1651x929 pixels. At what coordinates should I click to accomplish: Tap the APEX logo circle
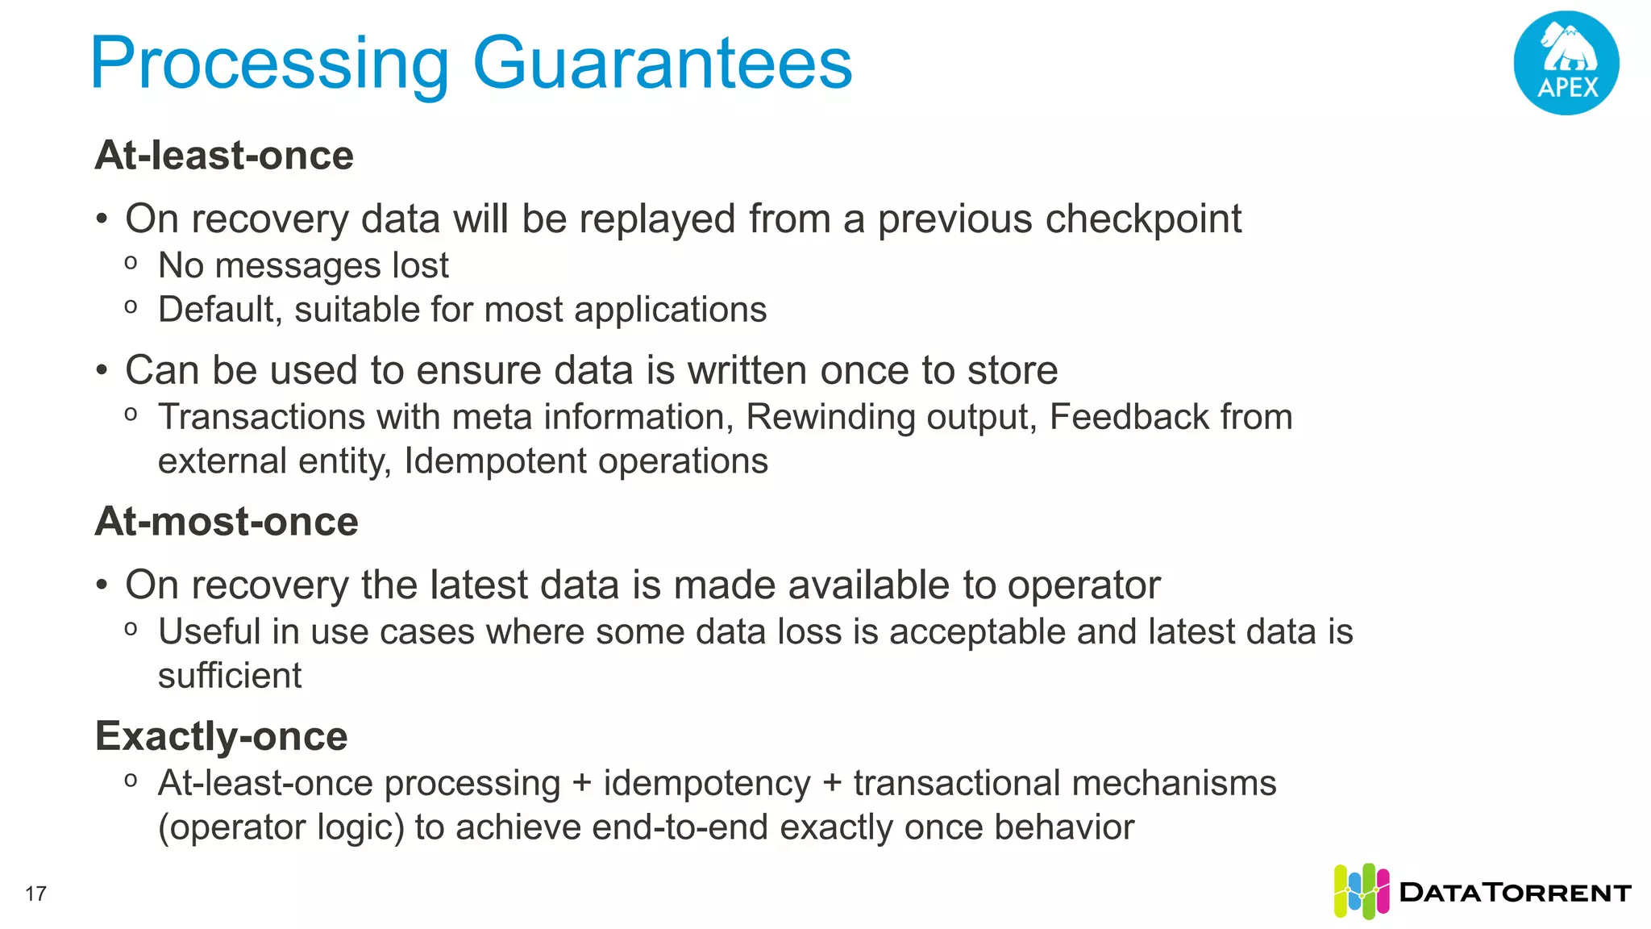tap(1566, 63)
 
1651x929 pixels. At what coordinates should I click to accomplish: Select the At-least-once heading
tap(224, 156)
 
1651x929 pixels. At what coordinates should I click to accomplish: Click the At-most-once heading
tap(227, 522)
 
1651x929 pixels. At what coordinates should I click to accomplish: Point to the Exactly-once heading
tap(221, 736)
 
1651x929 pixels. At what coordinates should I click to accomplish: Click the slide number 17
tap(35, 894)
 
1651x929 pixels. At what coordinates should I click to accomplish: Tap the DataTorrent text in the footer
tap(1515, 893)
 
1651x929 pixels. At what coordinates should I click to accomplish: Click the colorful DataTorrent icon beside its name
tap(1361, 891)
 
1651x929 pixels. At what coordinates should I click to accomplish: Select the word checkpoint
tap(1139, 219)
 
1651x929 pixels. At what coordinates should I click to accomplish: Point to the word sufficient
tap(230, 676)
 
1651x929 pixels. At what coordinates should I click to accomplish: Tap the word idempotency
tap(706, 784)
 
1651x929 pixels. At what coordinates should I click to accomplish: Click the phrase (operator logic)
tap(281, 828)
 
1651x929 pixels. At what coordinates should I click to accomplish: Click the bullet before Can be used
tap(102, 371)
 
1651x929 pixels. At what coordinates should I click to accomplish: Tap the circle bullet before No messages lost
tap(131, 263)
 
